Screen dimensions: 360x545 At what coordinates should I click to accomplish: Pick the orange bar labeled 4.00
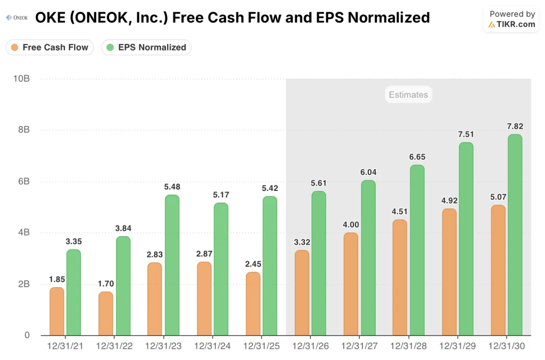351,284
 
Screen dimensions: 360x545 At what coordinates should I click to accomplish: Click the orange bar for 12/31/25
253,304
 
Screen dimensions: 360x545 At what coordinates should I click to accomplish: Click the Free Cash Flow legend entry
49,47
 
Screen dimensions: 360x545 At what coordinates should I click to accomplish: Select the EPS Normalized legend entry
146,47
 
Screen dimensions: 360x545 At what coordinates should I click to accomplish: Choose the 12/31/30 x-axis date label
506,346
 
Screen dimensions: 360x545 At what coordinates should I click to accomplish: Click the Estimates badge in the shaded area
408,95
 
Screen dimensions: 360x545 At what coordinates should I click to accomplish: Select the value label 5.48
172,187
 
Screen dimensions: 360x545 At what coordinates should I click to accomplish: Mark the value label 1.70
105,283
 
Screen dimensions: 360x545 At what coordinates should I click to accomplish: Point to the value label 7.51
466,134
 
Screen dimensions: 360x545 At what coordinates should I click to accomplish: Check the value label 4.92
449,200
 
